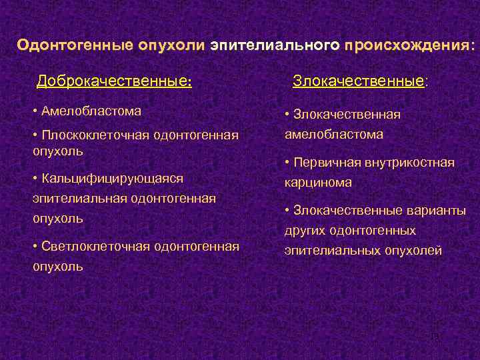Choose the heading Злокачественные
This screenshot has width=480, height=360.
click(x=359, y=82)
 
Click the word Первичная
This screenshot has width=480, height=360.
click(x=325, y=162)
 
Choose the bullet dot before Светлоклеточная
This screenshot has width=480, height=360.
click(x=35, y=247)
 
